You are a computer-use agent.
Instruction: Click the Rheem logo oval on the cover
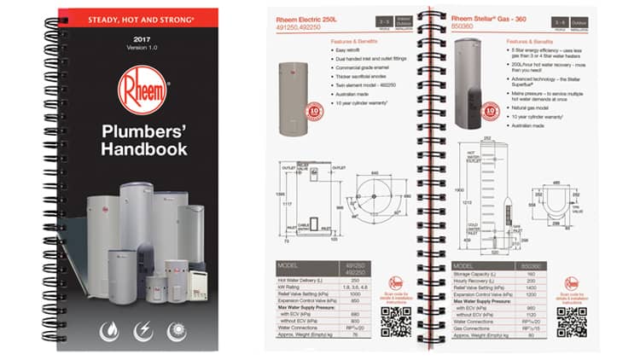point(143,90)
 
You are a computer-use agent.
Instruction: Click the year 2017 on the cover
point(143,39)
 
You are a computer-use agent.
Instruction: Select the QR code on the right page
point(571,318)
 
